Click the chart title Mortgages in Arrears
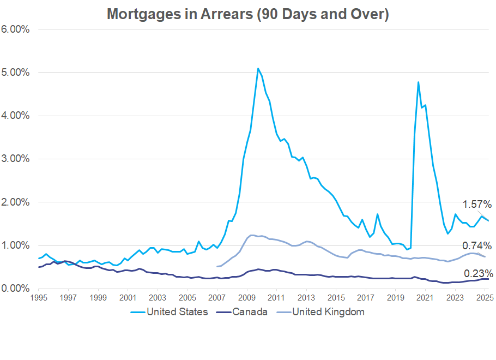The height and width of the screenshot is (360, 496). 247,14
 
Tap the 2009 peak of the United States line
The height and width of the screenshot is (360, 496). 257,69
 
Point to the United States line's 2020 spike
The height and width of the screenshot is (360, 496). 418,82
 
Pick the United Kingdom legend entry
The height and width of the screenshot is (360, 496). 328,312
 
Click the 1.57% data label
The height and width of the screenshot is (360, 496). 477,205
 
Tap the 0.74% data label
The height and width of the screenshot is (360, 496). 477,245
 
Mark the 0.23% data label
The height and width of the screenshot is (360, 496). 478,273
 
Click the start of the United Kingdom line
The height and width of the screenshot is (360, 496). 217,267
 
